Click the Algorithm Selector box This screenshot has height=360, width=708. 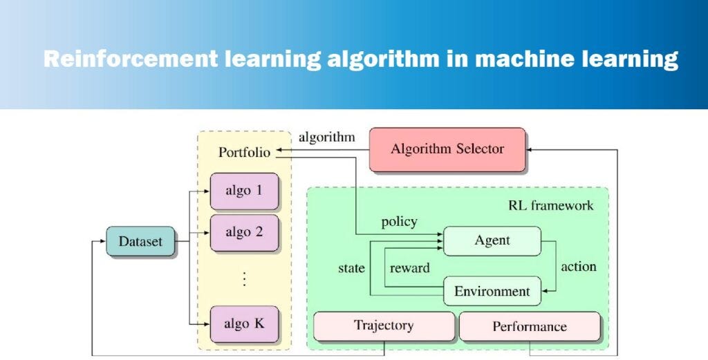click(447, 149)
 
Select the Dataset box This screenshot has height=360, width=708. click(140, 242)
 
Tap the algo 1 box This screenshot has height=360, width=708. click(243, 190)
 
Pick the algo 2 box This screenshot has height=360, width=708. click(243, 232)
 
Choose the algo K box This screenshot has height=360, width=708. click(243, 322)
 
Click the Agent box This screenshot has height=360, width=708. click(492, 240)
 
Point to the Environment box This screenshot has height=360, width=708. click(492, 292)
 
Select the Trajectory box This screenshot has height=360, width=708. click(384, 325)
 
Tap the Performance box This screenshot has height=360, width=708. click(529, 326)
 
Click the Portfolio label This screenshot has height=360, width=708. click(244, 152)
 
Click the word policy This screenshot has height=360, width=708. click(399, 222)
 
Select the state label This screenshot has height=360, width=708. click(351, 267)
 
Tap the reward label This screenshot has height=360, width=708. click(409, 267)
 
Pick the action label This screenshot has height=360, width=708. click(578, 266)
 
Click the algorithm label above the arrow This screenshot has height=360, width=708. click(326, 137)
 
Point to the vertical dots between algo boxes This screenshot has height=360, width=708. click(243, 279)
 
